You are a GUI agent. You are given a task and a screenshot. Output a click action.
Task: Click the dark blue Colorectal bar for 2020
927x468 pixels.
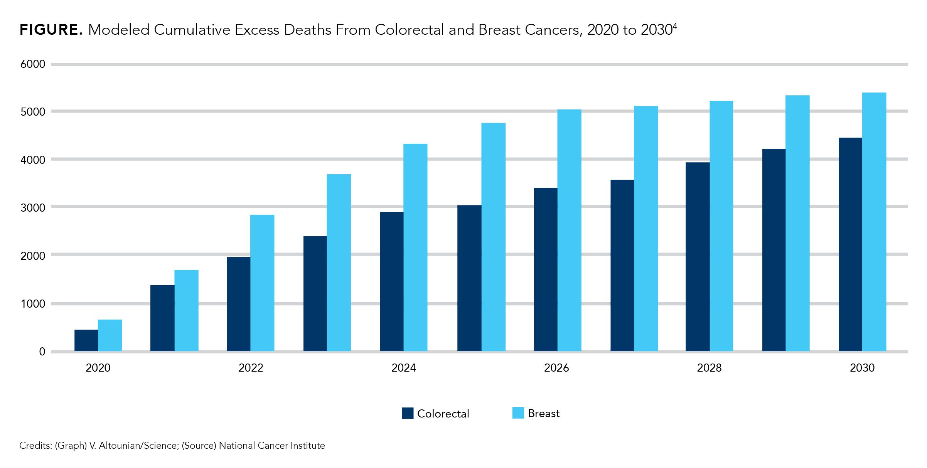(86, 340)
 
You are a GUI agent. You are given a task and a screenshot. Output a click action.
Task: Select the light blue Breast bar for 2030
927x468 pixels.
(874, 222)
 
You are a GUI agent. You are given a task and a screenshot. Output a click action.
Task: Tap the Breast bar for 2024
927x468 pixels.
(415, 247)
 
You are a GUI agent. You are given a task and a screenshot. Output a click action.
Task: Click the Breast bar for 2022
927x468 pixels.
(262, 283)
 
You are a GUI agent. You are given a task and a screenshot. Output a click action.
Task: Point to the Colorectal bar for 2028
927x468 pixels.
(698, 256)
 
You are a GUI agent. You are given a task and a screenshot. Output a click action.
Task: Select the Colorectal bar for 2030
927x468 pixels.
(850, 244)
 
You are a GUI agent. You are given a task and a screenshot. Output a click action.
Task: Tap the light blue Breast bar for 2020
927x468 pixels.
(110, 335)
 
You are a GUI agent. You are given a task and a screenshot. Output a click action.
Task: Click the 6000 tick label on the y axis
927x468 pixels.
(33, 64)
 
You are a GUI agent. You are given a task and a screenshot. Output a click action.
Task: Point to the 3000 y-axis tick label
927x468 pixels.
(33, 207)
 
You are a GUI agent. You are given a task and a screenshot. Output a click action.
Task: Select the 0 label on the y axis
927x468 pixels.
(42, 352)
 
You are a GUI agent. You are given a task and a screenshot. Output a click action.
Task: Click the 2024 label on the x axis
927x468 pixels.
(403, 368)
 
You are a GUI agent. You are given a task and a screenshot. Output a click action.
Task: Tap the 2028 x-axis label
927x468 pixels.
(709, 368)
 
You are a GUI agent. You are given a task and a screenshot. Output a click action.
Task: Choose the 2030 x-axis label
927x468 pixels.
(862, 368)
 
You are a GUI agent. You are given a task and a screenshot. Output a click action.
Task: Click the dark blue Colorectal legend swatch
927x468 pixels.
(407, 413)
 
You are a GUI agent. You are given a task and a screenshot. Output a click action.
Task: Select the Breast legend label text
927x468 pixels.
(543, 413)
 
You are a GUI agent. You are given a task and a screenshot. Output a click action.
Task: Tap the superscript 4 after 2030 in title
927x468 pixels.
(675, 26)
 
